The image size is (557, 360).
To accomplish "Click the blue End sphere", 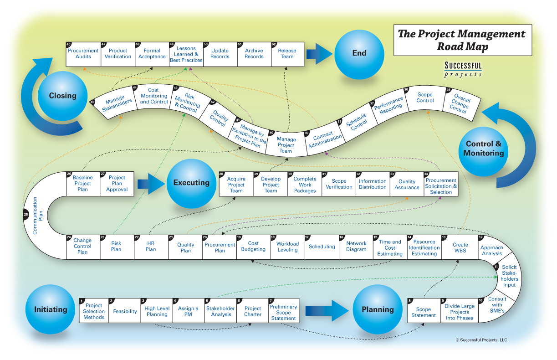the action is point(359,55).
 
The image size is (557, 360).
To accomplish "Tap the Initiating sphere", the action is point(50,309).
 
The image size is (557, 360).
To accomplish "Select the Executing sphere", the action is point(191,184).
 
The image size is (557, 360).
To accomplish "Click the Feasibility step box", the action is point(125,311).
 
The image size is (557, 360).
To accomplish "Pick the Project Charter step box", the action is point(253,311).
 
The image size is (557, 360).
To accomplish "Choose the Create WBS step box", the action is point(460,247).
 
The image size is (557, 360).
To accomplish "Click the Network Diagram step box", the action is point(356,247).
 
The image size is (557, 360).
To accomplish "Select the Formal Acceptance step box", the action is point(152,54).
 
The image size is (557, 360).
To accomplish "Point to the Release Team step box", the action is point(287,54).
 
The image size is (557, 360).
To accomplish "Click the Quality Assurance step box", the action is point(407,184).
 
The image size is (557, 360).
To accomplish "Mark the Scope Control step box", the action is point(425,98).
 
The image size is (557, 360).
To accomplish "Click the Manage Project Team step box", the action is point(286,144).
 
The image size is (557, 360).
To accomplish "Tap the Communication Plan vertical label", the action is point(38,216).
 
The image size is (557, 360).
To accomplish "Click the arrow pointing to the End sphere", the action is point(319,54).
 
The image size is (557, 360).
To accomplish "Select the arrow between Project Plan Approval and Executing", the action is point(151,184).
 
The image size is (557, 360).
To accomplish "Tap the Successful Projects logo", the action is point(463,70).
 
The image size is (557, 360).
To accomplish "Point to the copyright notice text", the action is point(481,340).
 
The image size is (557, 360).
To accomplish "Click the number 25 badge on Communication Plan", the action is point(26,215).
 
